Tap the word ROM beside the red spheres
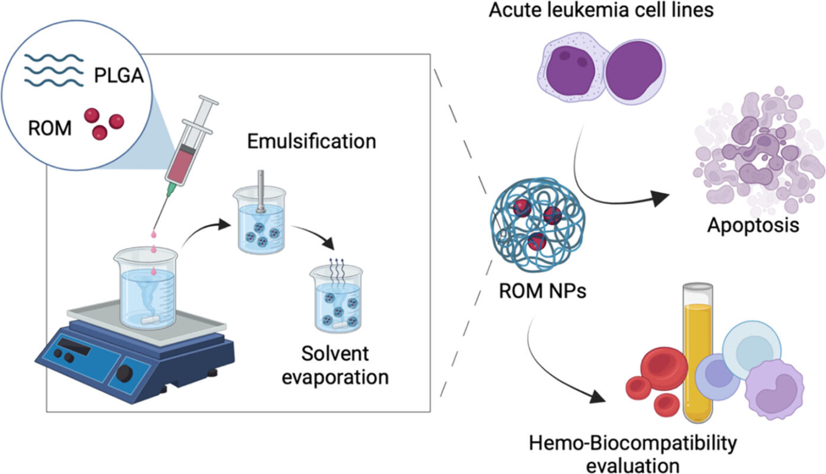click(50, 127)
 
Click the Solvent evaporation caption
click(335, 365)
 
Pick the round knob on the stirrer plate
click(125, 373)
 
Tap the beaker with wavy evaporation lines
click(335, 299)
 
